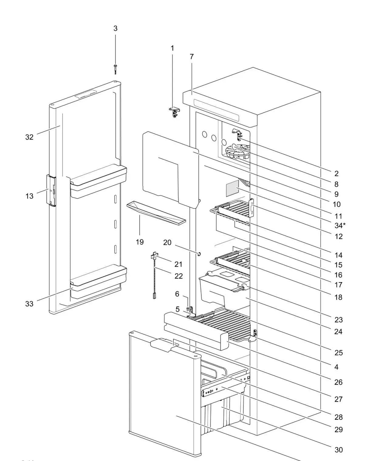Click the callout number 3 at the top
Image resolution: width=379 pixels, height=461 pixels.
[115, 28]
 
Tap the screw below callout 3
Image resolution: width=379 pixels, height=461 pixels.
[115, 69]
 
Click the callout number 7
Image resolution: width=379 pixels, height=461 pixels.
[191, 56]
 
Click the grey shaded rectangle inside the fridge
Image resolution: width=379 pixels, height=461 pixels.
[232, 188]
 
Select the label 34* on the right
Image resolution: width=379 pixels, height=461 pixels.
[340, 225]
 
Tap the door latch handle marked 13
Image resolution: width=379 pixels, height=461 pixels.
[51, 190]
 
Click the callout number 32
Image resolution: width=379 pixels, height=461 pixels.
[29, 137]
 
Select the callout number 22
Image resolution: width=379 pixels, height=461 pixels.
[179, 276]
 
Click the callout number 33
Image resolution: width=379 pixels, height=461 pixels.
[29, 304]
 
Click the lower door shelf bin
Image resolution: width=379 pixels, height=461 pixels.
[99, 280]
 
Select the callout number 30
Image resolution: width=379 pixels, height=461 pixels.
[338, 450]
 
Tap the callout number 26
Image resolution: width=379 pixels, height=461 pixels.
[338, 382]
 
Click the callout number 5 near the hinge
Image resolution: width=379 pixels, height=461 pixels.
[177, 309]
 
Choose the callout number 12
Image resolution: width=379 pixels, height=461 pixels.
[338, 236]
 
